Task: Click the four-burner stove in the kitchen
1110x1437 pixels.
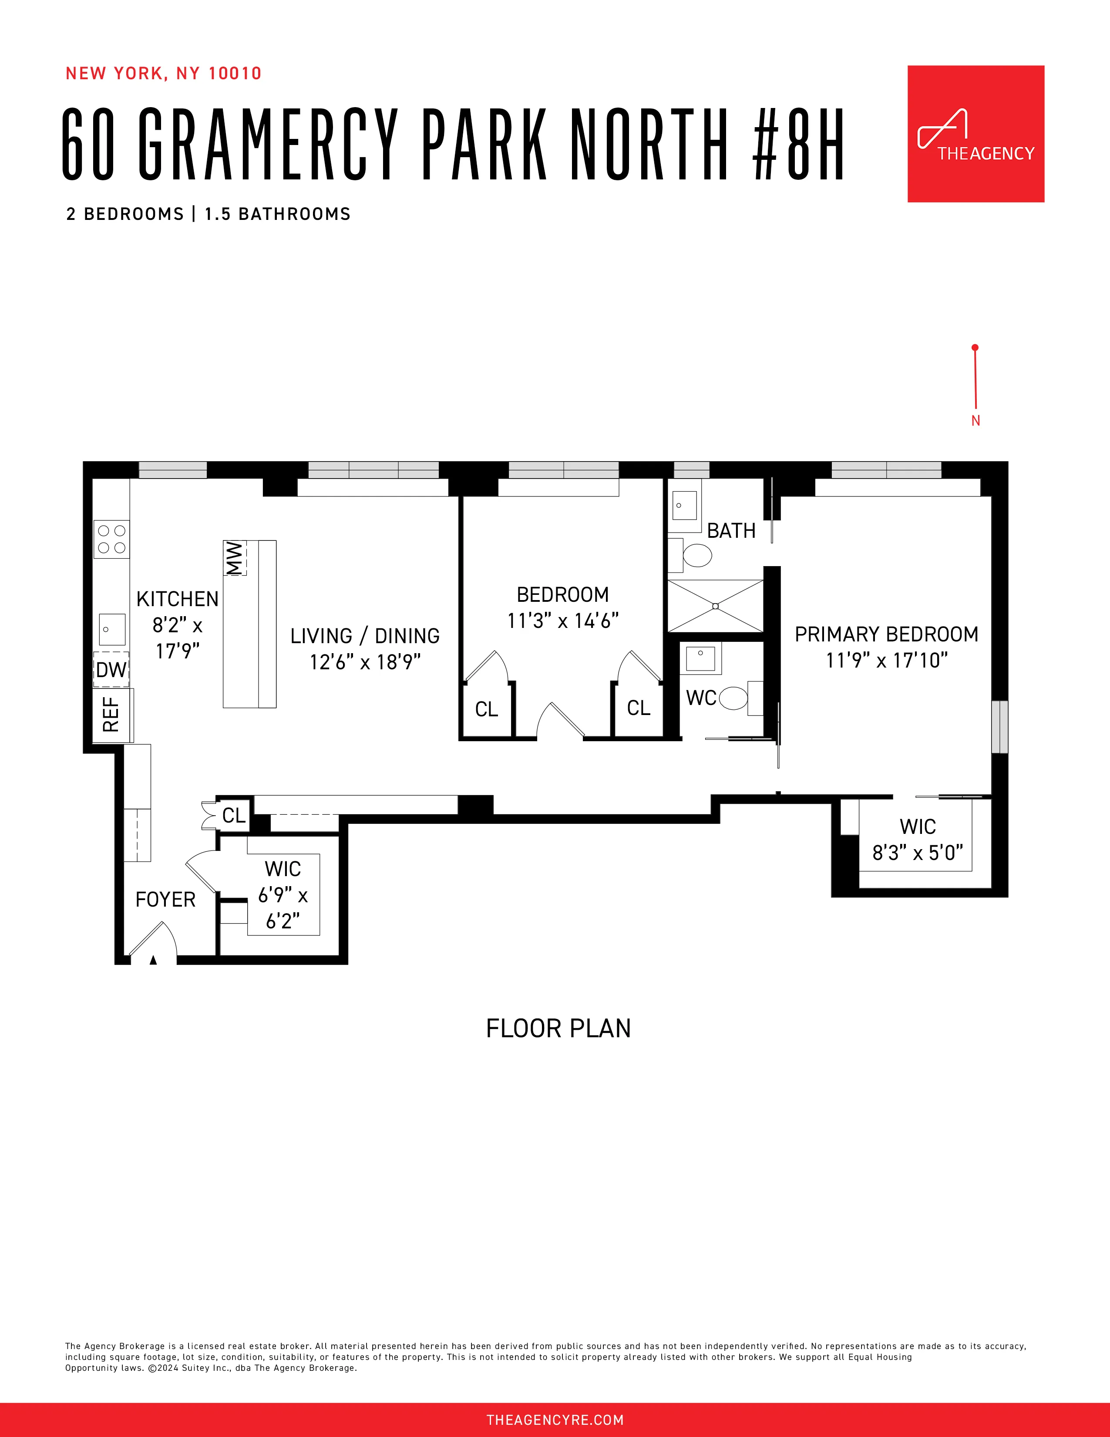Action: pyautogui.click(x=111, y=539)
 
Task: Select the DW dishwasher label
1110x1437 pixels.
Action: pyautogui.click(x=111, y=670)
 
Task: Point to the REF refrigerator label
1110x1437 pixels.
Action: pyautogui.click(x=111, y=715)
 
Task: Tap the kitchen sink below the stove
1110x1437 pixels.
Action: pyautogui.click(x=112, y=629)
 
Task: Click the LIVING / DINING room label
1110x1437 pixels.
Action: pyautogui.click(x=365, y=636)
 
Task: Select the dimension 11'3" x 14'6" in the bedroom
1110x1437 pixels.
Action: pyautogui.click(x=562, y=621)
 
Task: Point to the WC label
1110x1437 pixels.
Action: pyautogui.click(x=700, y=698)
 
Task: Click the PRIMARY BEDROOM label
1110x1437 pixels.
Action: pyautogui.click(x=886, y=634)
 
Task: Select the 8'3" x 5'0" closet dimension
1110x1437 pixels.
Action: pyautogui.click(x=917, y=853)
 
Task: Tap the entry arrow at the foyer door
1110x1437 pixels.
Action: pyautogui.click(x=153, y=960)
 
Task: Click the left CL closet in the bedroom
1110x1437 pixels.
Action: pyautogui.click(x=487, y=709)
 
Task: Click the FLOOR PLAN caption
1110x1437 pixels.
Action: pyautogui.click(x=558, y=1029)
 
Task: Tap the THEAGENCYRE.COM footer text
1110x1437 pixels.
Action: pyautogui.click(x=554, y=1419)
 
